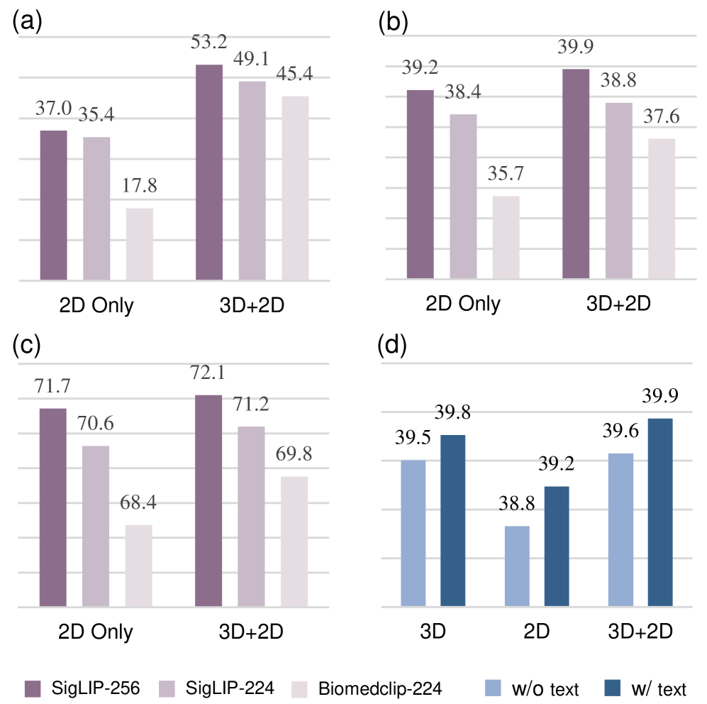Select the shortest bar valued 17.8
[x=140, y=244]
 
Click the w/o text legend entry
[x=531, y=687]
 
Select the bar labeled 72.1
[x=208, y=500]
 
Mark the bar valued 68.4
[x=139, y=566]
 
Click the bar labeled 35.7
[x=506, y=237]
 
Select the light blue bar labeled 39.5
[x=413, y=533]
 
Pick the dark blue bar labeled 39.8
[x=452, y=520]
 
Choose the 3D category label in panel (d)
[x=433, y=631]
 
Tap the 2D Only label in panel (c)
[x=96, y=631]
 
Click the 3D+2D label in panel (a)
[x=252, y=304]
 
